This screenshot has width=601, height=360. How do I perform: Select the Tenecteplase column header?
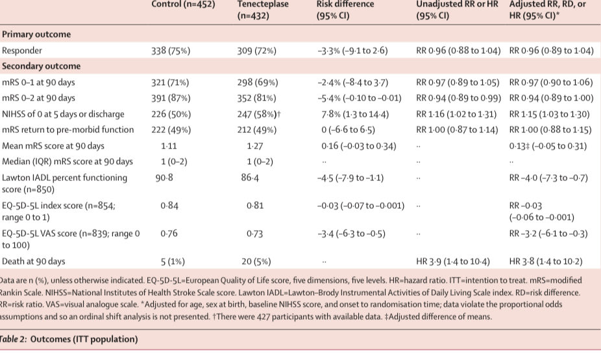click(x=263, y=10)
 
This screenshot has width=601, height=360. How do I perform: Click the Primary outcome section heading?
click(x=36, y=34)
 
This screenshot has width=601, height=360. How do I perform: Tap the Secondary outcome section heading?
click(x=41, y=66)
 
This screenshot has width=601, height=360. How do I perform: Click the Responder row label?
click(x=23, y=51)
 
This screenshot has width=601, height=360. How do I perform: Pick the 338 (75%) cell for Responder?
click(x=171, y=51)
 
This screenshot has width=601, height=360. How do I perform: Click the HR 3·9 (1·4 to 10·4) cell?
click(x=452, y=261)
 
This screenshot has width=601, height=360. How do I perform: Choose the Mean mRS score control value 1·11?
click(x=169, y=145)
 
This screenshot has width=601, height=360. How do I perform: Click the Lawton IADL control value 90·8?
click(x=164, y=177)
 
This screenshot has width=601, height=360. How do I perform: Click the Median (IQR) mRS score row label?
click(x=67, y=161)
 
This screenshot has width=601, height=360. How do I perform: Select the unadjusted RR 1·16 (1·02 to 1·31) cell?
click(x=457, y=114)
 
